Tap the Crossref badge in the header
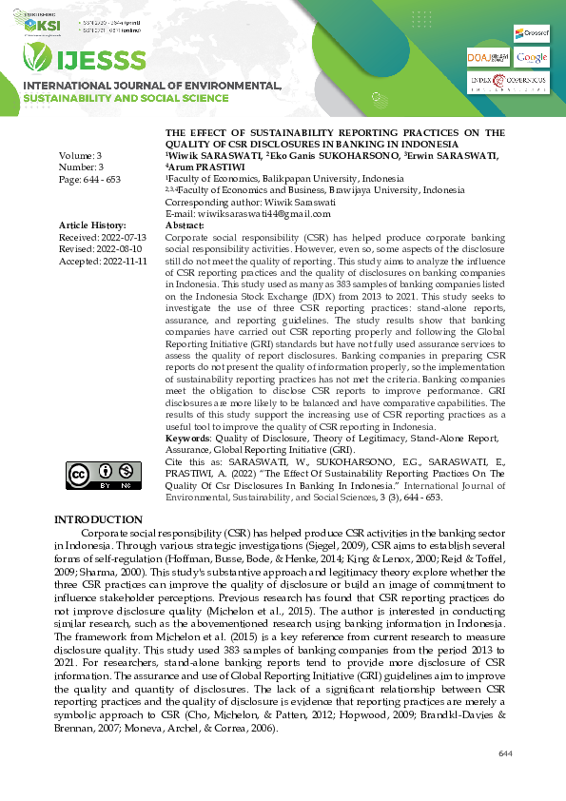point(530,33)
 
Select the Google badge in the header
point(532,58)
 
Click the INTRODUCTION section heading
point(98,519)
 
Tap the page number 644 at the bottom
point(505,754)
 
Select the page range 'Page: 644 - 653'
point(91,178)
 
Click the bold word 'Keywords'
point(188,439)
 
